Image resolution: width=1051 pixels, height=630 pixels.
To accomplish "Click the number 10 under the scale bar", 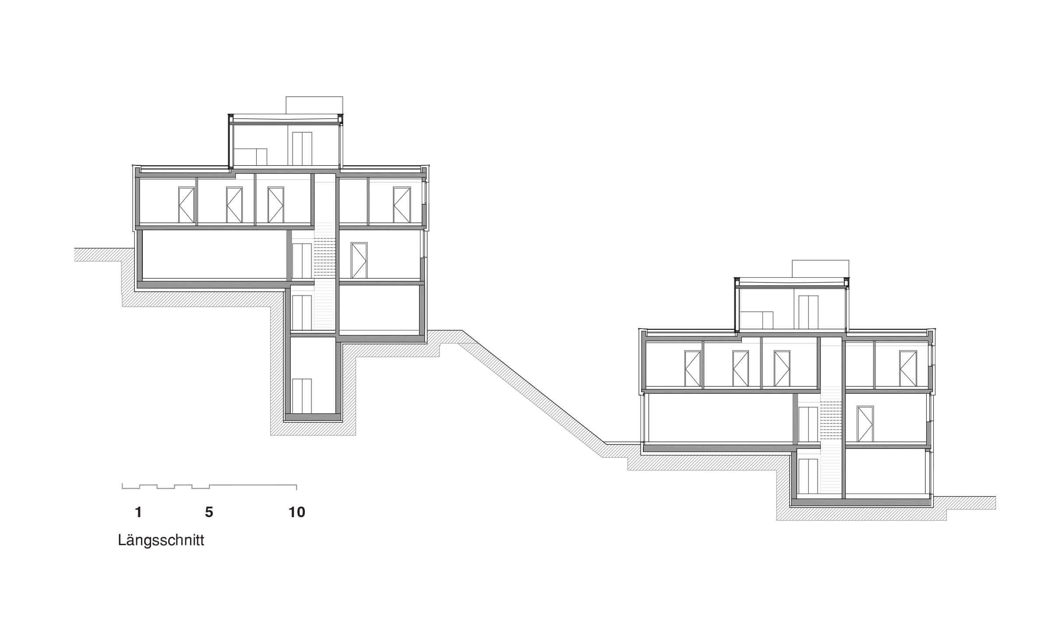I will coord(296,512).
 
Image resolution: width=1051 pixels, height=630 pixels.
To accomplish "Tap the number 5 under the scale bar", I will coord(209,512).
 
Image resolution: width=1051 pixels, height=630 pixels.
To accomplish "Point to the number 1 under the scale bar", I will coord(138,512).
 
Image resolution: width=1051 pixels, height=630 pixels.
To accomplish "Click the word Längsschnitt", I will coord(161,541).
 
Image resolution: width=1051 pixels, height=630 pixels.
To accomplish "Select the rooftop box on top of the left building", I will coord(314,105).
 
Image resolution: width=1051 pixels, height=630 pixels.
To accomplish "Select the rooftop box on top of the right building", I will coord(820,268).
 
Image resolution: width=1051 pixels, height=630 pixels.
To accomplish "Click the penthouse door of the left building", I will coord(302,149).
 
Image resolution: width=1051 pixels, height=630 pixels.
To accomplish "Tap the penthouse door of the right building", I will coord(808,312).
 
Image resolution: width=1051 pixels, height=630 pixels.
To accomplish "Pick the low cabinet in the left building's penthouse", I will coord(250,157).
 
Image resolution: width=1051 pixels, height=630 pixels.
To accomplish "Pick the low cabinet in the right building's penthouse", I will coord(756,320).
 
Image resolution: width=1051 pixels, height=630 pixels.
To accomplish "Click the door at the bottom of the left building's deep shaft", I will coord(302,396).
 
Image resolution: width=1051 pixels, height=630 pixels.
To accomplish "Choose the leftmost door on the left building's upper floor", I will coord(187,205).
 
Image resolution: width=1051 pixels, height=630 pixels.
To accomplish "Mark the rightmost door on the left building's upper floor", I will coord(402,205).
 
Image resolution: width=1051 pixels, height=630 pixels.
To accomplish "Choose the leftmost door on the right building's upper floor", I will coord(693,368).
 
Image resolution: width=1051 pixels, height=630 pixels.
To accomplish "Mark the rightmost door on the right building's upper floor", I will coord(908,368).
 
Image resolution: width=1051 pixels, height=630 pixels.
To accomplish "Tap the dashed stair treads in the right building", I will coord(831,420).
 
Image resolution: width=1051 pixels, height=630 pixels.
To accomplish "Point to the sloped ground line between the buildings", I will coord(534,387).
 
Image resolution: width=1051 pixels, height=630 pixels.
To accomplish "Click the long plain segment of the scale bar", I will coord(253,485).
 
